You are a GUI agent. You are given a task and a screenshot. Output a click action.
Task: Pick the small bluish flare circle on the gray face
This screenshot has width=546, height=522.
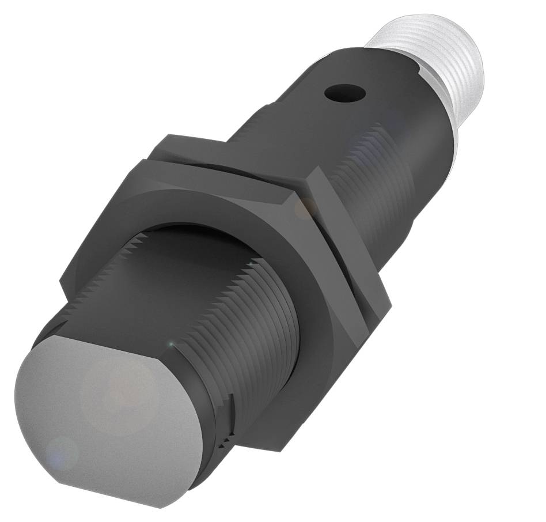tap(62, 452)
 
